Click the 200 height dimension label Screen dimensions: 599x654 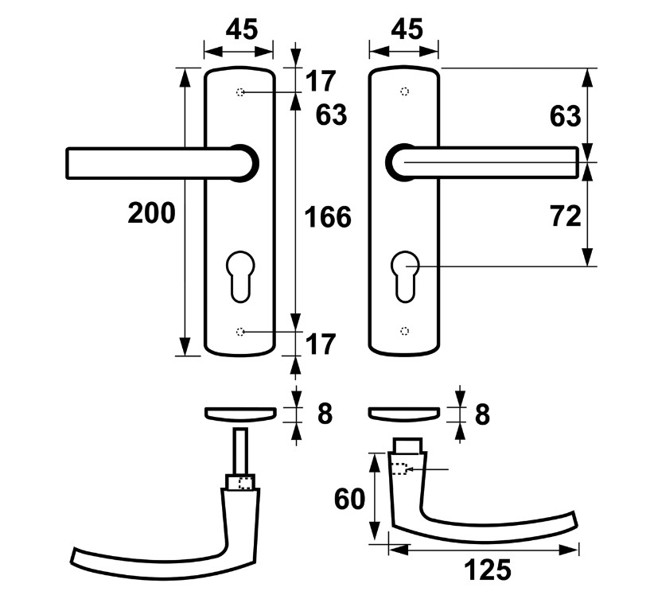150,213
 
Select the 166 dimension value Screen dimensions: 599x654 327,216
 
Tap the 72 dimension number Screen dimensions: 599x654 565,216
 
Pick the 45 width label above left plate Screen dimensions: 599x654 241,29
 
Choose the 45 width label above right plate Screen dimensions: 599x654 405,29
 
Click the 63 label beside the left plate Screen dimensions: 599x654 331,116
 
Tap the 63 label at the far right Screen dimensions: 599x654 565,117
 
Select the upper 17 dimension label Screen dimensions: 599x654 321,80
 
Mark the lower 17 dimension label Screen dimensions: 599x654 321,345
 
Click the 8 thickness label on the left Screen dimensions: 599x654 324,414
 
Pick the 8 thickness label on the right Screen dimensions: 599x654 482,414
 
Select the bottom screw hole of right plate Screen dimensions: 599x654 405,330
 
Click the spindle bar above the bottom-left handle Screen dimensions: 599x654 239,452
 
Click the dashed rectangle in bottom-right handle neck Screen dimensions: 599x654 399,469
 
